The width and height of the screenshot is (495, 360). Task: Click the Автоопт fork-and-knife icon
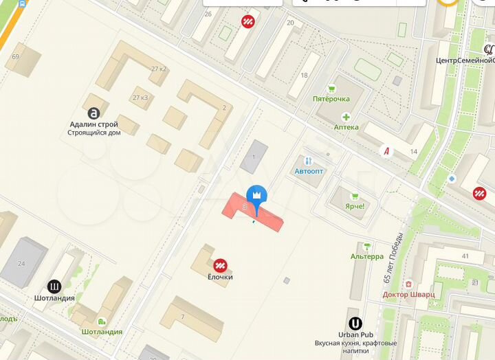point(308,160)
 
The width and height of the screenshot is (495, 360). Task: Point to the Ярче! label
point(355,206)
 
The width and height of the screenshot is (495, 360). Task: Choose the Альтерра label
point(367,256)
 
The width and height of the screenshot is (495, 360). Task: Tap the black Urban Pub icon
point(355,323)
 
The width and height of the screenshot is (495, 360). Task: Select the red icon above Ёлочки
point(220,265)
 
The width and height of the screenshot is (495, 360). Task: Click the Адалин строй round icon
point(93,113)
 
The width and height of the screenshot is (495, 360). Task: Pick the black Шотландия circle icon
point(54,286)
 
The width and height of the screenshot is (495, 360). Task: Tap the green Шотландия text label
point(102,332)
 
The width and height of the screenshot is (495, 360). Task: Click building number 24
point(21,264)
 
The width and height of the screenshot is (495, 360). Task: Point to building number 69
point(15,56)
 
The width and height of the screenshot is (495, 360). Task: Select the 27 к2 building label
point(159,69)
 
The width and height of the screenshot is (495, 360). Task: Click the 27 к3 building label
point(140,98)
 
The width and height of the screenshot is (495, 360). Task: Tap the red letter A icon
point(386,150)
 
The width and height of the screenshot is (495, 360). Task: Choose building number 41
point(465,256)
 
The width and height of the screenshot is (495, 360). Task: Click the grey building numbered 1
point(254,157)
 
